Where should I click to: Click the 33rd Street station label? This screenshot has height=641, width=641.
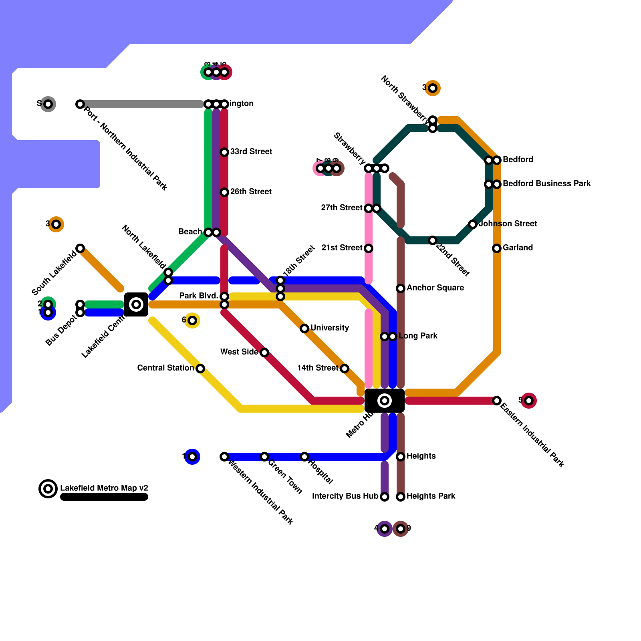point(251,152)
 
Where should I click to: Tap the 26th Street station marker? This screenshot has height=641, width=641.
point(224,192)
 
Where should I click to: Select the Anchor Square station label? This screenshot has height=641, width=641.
point(435,288)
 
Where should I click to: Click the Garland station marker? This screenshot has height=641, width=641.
point(497,248)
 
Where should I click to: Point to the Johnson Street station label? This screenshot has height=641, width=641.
point(508,224)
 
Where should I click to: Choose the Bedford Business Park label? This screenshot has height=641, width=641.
point(546,184)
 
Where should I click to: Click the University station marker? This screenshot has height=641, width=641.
point(304,329)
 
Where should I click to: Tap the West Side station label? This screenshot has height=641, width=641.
point(239,352)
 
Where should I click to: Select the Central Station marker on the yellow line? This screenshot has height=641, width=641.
point(200,369)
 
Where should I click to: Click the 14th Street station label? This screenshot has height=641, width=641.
point(318,368)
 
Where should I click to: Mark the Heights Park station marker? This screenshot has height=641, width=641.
point(401,497)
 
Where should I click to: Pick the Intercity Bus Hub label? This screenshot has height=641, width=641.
point(345,496)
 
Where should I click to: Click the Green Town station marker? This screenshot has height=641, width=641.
point(264,457)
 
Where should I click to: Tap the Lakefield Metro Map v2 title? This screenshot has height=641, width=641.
point(104,488)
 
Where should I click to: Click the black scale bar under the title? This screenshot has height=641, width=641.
point(104,497)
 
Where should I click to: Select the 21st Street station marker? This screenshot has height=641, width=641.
point(369,248)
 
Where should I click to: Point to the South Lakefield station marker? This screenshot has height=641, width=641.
point(80,248)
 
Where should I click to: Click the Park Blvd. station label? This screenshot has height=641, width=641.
point(198,296)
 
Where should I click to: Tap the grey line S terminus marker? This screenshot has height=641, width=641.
point(48,104)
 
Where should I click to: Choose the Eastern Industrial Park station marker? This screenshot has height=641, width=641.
point(497,401)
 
